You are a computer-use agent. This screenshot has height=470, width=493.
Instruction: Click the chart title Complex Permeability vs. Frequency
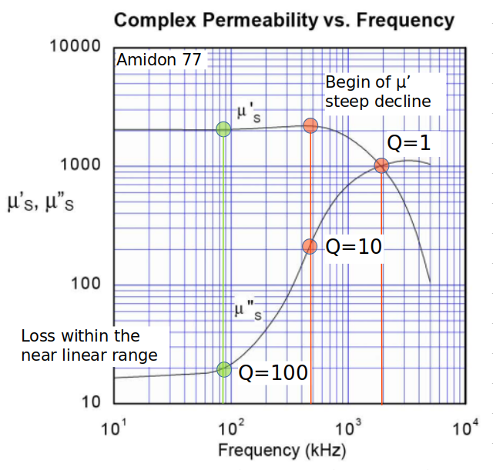click(x=283, y=20)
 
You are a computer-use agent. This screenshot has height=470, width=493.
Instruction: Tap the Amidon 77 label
click(x=159, y=59)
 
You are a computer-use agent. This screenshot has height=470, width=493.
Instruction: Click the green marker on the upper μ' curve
click(x=223, y=129)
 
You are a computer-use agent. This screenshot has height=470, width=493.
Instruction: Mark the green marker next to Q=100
click(x=224, y=369)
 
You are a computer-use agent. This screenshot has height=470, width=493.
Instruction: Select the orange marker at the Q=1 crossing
click(x=381, y=165)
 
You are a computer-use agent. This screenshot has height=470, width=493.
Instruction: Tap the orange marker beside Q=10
click(x=310, y=246)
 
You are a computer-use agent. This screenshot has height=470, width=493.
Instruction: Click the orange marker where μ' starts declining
click(x=310, y=125)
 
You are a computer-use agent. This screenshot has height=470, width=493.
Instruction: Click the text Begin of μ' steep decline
click(x=377, y=92)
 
